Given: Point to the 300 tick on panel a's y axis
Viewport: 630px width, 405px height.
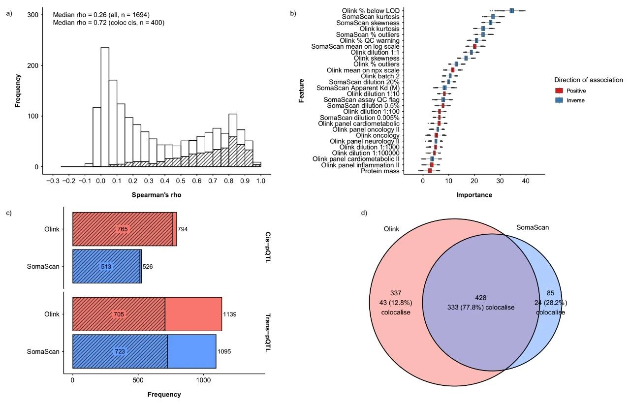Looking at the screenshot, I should point(31,15).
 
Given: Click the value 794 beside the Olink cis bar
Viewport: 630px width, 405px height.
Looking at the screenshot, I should point(183,229).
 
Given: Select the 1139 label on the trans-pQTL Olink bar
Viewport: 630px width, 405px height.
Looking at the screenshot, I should point(230,314).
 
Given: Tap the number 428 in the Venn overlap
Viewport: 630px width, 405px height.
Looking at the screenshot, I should point(480,298).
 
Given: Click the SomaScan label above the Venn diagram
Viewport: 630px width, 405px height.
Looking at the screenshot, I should point(533,227).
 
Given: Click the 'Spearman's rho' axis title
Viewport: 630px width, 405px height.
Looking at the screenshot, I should point(156,195).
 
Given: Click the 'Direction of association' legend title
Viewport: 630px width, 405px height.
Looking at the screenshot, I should point(588,80).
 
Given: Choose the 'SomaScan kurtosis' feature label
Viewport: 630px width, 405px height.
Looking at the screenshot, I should point(374,17).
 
